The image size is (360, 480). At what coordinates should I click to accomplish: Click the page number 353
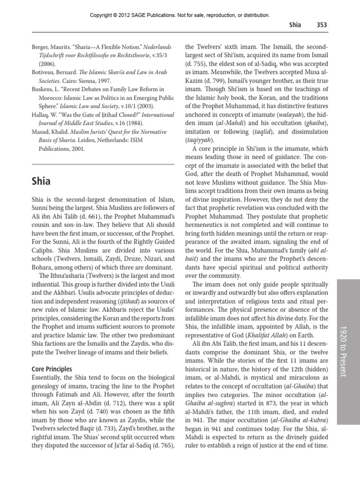(320, 25)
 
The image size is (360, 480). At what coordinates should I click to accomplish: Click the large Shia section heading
(41, 180)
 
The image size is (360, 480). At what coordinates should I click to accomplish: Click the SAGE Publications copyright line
(180, 15)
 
